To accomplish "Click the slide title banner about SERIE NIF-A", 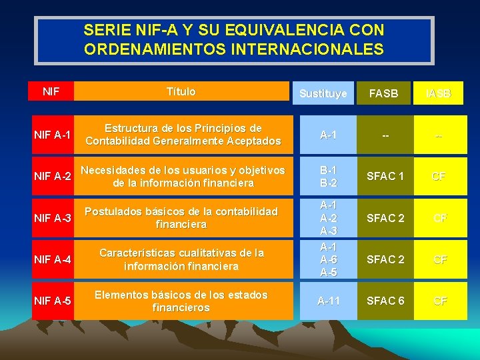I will click(234, 40).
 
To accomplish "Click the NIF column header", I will click(50, 91).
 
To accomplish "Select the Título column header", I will click(181, 91).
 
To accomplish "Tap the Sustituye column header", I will click(323, 94).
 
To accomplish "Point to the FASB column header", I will click(383, 94).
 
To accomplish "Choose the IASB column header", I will click(439, 94).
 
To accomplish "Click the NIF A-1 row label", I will click(53, 135).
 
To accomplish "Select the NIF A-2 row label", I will click(53, 176).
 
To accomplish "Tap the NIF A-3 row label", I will click(53, 217).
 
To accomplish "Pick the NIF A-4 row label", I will click(53, 259).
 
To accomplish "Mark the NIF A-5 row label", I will click(53, 301).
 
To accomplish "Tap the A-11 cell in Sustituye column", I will click(327, 301).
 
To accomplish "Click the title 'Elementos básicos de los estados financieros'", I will click(181, 301).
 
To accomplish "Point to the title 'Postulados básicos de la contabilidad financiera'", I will click(181, 218).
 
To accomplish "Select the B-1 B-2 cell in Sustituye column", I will click(327, 176).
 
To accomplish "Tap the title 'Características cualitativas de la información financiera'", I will click(181, 259).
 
